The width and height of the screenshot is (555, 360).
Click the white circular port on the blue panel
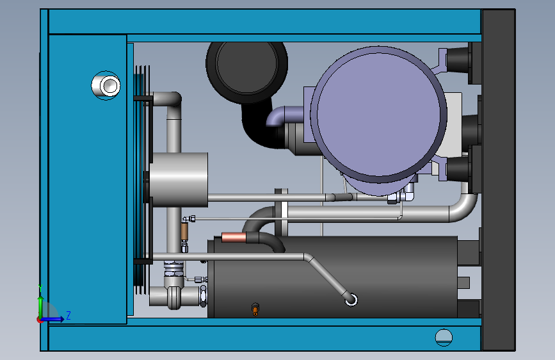106,85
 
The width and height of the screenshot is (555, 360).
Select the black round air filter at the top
246,69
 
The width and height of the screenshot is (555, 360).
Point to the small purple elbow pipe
280,115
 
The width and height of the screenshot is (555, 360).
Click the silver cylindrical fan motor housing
179,179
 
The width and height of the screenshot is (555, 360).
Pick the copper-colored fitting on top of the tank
234,238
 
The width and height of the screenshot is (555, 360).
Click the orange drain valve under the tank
255,309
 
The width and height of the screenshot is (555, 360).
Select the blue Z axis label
68,315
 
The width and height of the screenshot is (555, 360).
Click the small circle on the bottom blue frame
444,338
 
